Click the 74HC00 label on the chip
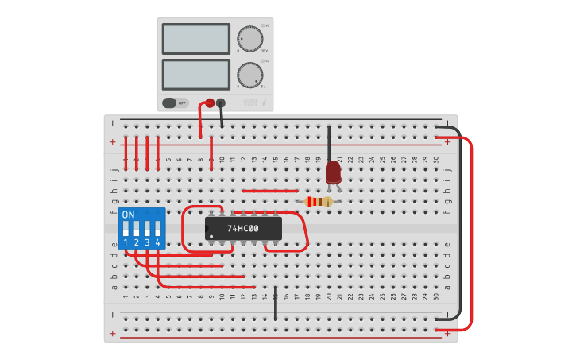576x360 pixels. (243, 229)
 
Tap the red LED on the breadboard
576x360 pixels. (334, 172)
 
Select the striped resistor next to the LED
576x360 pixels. (319, 202)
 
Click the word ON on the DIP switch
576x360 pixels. (128, 215)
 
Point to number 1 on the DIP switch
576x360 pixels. (126, 242)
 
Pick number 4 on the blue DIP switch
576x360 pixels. (158, 242)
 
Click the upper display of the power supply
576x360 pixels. (195, 38)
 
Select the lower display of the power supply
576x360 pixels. (195, 74)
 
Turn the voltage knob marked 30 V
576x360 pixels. (249, 38)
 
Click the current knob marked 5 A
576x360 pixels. (249, 75)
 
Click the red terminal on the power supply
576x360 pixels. (210, 103)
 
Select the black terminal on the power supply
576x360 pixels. (221, 103)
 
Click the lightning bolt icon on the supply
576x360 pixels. (265, 103)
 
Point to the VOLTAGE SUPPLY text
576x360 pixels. (250, 103)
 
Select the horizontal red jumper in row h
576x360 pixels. (270, 191)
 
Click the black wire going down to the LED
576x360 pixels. (329, 143)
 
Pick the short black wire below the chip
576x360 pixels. (276, 304)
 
